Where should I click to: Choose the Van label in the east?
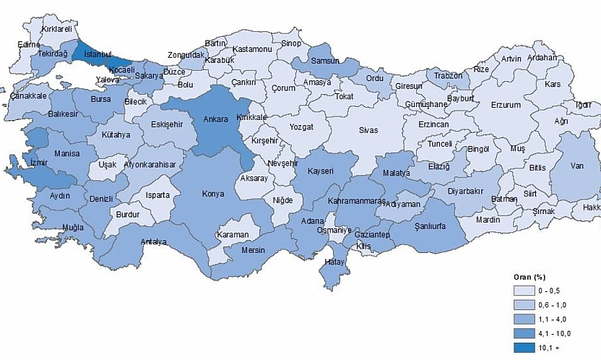(576, 166)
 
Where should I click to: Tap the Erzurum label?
(505, 105)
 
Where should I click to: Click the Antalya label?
(154, 242)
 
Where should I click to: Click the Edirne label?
(29, 44)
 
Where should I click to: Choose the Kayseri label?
(319, 171)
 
